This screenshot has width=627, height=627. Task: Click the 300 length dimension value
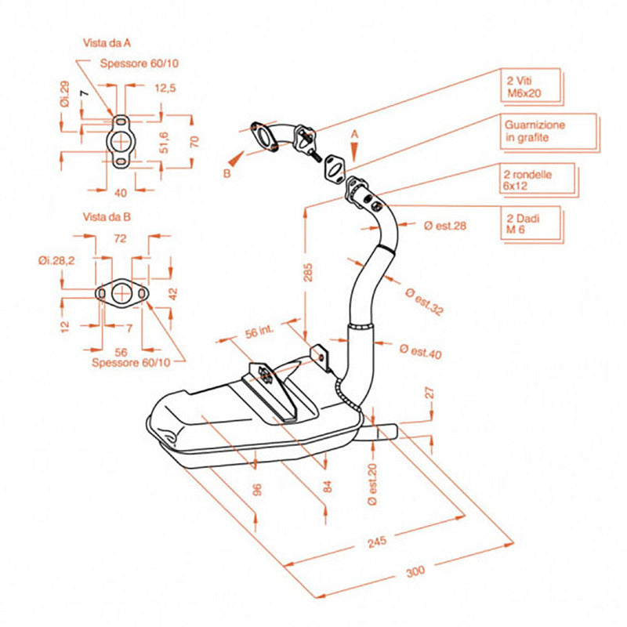click(x=416, y=571)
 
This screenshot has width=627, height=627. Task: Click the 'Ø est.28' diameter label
click(x=444, y=226)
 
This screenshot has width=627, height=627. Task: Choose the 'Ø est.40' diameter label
click(x=420, y=350)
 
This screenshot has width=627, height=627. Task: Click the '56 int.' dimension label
click(x=260, y=332)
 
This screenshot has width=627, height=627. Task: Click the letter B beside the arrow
click(x=227, y=174)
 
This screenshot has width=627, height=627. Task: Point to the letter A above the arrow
click(x=354, y=135)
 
